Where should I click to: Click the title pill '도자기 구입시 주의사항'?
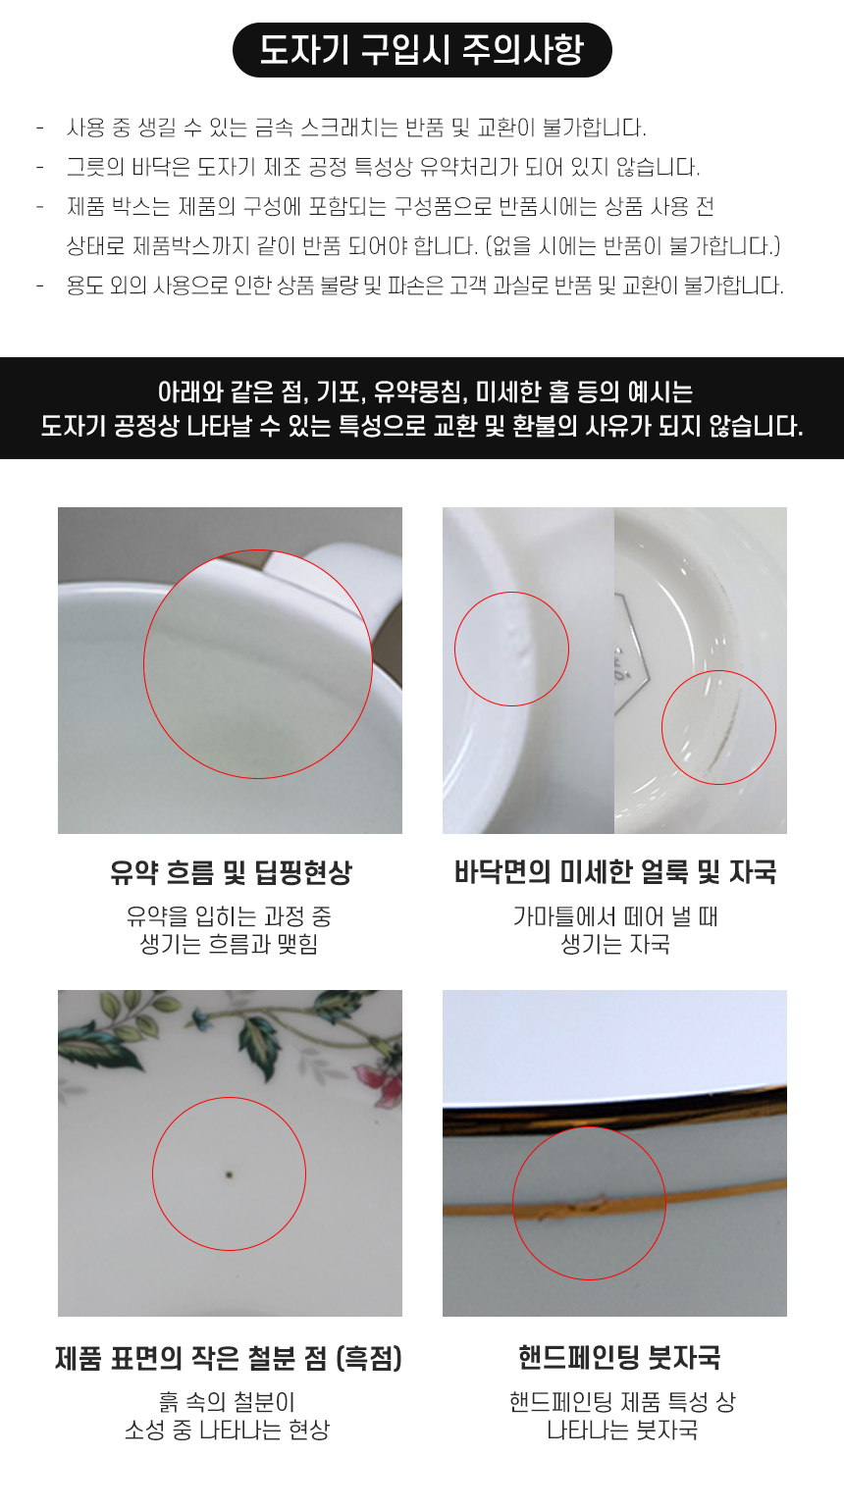click(x=422, y=50)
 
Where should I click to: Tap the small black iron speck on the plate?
click(x=229, y=1173)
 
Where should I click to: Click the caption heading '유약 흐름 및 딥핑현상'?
click(x=231, y=872)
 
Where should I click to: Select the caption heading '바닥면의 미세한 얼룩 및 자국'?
click(x=615, y=872)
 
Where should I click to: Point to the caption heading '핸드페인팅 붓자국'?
click(x=619, y=1358)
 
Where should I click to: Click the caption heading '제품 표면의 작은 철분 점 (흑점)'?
click(x=229, y=1358)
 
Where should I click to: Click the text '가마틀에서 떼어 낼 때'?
click(x=615, y=916)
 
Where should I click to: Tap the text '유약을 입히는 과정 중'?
click(x=229, y=916)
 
